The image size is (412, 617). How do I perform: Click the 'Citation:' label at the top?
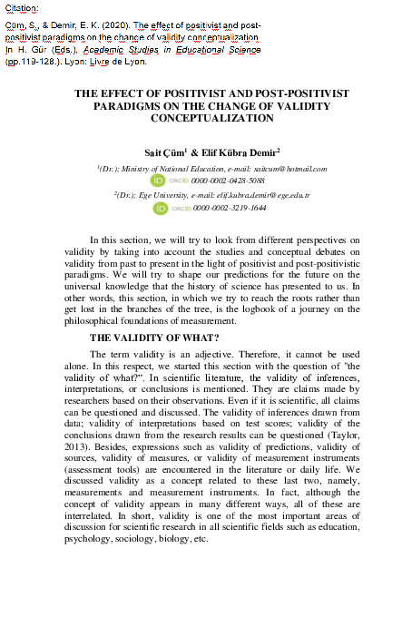pos(22,7)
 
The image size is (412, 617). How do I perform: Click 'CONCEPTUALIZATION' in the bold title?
pos(211,118)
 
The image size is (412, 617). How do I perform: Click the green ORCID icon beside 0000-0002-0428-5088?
pos(161,181)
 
